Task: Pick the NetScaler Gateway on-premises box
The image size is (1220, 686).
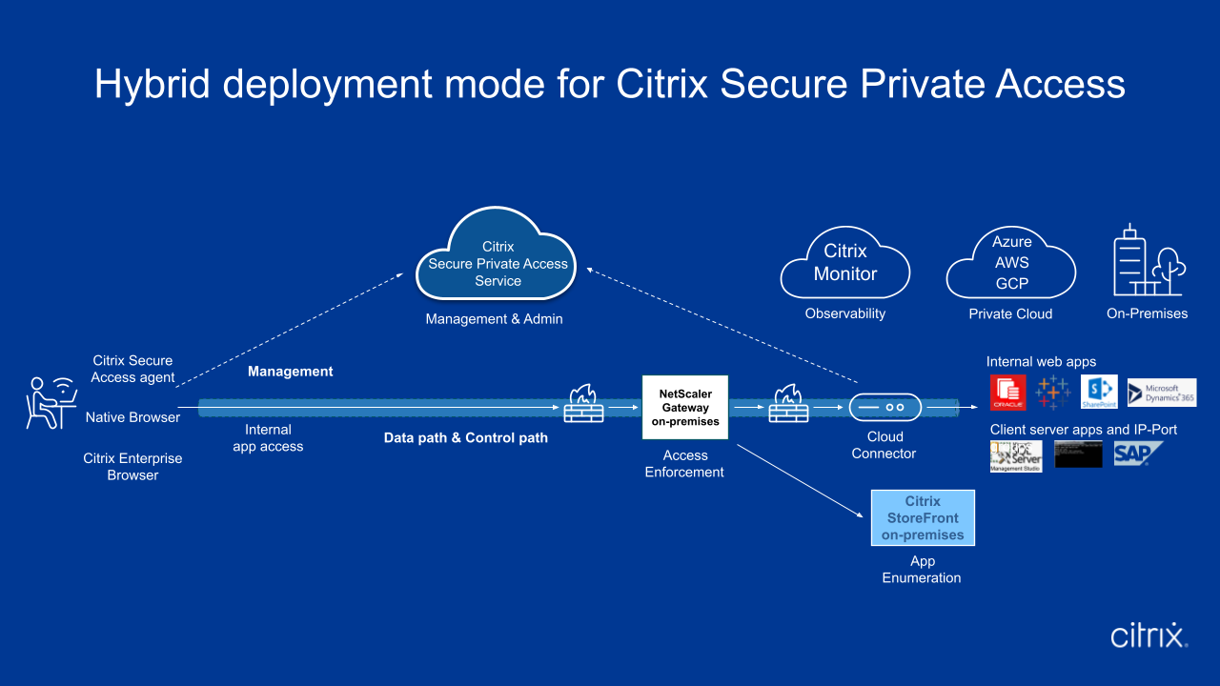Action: (685, 407)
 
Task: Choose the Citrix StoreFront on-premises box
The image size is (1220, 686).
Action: (923, 518)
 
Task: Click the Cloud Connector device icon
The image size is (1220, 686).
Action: (885, 407)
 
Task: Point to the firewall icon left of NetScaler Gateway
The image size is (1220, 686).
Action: (583, 405)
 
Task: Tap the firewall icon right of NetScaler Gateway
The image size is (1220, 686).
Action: (788, 405)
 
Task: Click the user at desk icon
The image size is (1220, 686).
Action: (51, 402)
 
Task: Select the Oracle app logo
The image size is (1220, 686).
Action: (1008, 392)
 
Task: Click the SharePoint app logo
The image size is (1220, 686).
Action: (1099, 392)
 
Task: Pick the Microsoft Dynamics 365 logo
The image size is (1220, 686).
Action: (1161, 393)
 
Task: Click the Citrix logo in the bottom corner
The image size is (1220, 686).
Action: (1149, 636)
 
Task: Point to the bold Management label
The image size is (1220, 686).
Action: (291, 372)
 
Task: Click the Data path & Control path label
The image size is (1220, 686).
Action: (466, 438)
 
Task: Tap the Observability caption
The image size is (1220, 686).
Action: (845, 313)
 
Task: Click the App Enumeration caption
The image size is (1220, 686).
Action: (922, 570)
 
